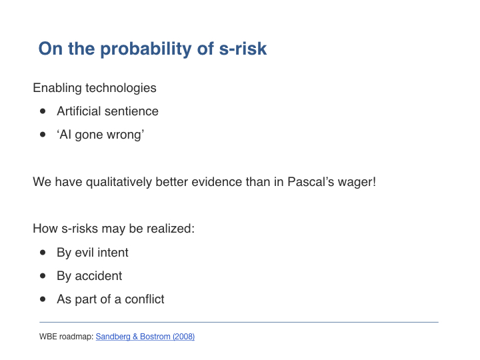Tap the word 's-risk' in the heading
click(243, 49)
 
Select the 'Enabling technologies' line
click(95, 88)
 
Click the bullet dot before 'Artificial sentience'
click(43, 111)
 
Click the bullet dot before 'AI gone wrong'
click(43, 135)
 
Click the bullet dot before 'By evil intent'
click(43, 253)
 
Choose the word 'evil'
click(84, 253)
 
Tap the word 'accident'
click(98, 276)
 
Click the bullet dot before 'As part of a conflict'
click(43, 299)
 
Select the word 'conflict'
click(145, 299)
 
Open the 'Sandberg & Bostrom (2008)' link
click(145, 337)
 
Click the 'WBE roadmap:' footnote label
click(66, 337)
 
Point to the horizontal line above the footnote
click(239, 322)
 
